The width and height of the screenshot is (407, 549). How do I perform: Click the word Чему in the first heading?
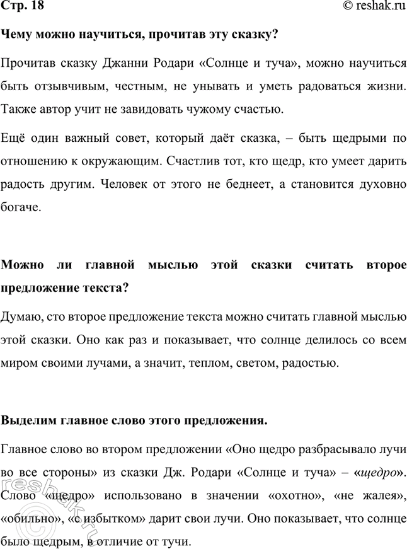tap(17, 35)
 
